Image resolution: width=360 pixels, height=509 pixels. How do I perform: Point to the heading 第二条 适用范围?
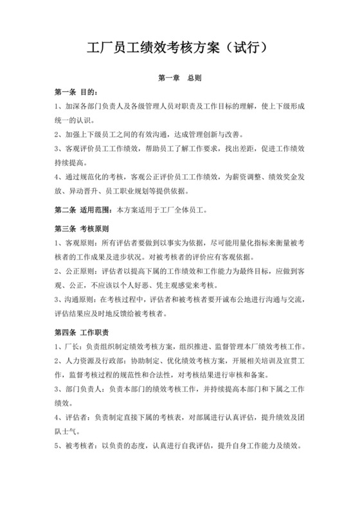82,210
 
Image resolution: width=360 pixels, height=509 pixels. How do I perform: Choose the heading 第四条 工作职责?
82,332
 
